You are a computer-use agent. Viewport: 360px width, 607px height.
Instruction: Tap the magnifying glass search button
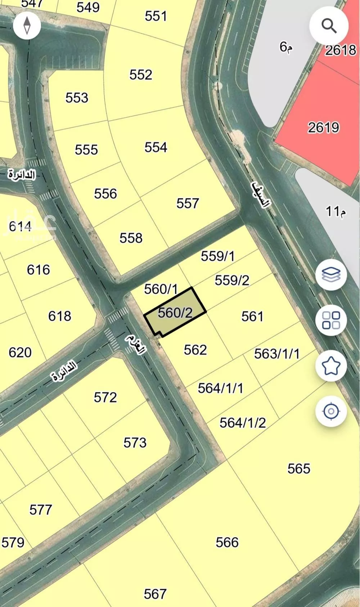coord(329,26)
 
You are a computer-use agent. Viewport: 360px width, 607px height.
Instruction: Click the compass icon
coord(27,26)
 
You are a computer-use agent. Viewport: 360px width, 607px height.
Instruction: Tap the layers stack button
coord(331,275)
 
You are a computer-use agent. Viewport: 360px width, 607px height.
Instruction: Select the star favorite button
coord(331,366)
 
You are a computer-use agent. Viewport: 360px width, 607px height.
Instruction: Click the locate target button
coord(331,411)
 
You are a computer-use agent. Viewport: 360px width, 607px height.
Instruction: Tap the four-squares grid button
coord(331,320)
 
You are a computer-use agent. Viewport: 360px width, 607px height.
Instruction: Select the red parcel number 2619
coord(323,127)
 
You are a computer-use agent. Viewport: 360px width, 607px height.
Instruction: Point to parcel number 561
coord(252,316)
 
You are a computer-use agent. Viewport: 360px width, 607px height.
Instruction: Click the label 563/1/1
coord(276,354)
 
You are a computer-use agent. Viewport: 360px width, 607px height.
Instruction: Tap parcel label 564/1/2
coord(243,423)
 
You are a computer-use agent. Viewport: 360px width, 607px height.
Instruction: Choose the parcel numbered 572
coord(105,397)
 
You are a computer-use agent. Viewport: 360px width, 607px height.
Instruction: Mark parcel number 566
coord(227,542)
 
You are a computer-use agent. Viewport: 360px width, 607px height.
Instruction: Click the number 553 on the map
coord(77,98)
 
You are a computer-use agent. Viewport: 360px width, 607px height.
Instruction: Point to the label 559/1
coord(217,256)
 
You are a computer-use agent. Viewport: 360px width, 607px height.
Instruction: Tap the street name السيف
coord(260,195)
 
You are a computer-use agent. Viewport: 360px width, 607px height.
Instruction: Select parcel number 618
coord(60,316)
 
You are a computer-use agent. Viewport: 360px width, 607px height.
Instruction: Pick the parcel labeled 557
coord(188,203)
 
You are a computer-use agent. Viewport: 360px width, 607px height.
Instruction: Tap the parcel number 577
coord(41,510)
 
